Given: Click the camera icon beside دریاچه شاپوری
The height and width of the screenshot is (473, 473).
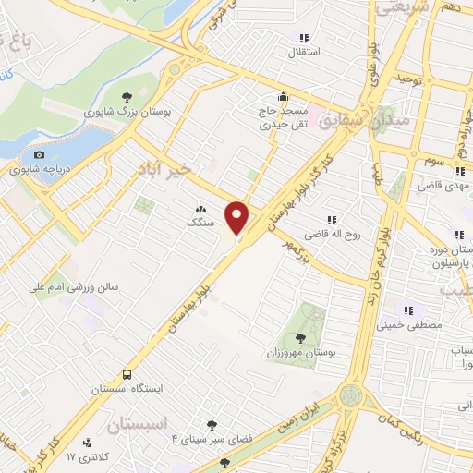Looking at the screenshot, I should click(x=39, y=154).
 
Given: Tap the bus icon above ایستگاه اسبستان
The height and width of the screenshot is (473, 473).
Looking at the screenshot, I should click(x=127, y=374).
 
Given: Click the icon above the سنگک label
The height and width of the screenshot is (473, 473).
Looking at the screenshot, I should click(x=200, y=209).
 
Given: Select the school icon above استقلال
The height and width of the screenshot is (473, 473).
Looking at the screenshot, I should click(x=303, y=38).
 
